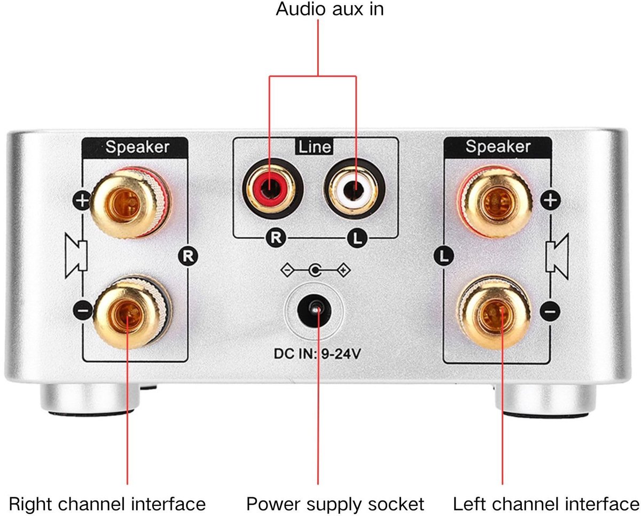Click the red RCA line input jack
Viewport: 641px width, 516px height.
272,189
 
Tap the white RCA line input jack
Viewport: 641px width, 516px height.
355,189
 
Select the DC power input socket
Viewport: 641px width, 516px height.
314,311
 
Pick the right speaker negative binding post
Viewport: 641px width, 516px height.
131,311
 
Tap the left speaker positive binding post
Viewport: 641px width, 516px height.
495,202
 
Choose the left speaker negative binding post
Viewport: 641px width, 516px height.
495,312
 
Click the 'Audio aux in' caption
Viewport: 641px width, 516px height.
330,9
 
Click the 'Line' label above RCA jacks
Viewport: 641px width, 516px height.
314,147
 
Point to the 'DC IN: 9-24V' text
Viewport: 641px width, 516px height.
317,354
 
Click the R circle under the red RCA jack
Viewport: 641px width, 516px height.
276,238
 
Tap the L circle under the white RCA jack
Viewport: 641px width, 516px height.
357,238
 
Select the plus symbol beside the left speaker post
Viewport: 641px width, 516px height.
550,200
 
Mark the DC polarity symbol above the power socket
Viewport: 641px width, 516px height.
316,270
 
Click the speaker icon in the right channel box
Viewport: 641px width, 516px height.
76,256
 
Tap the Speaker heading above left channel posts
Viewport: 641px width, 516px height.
498,146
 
